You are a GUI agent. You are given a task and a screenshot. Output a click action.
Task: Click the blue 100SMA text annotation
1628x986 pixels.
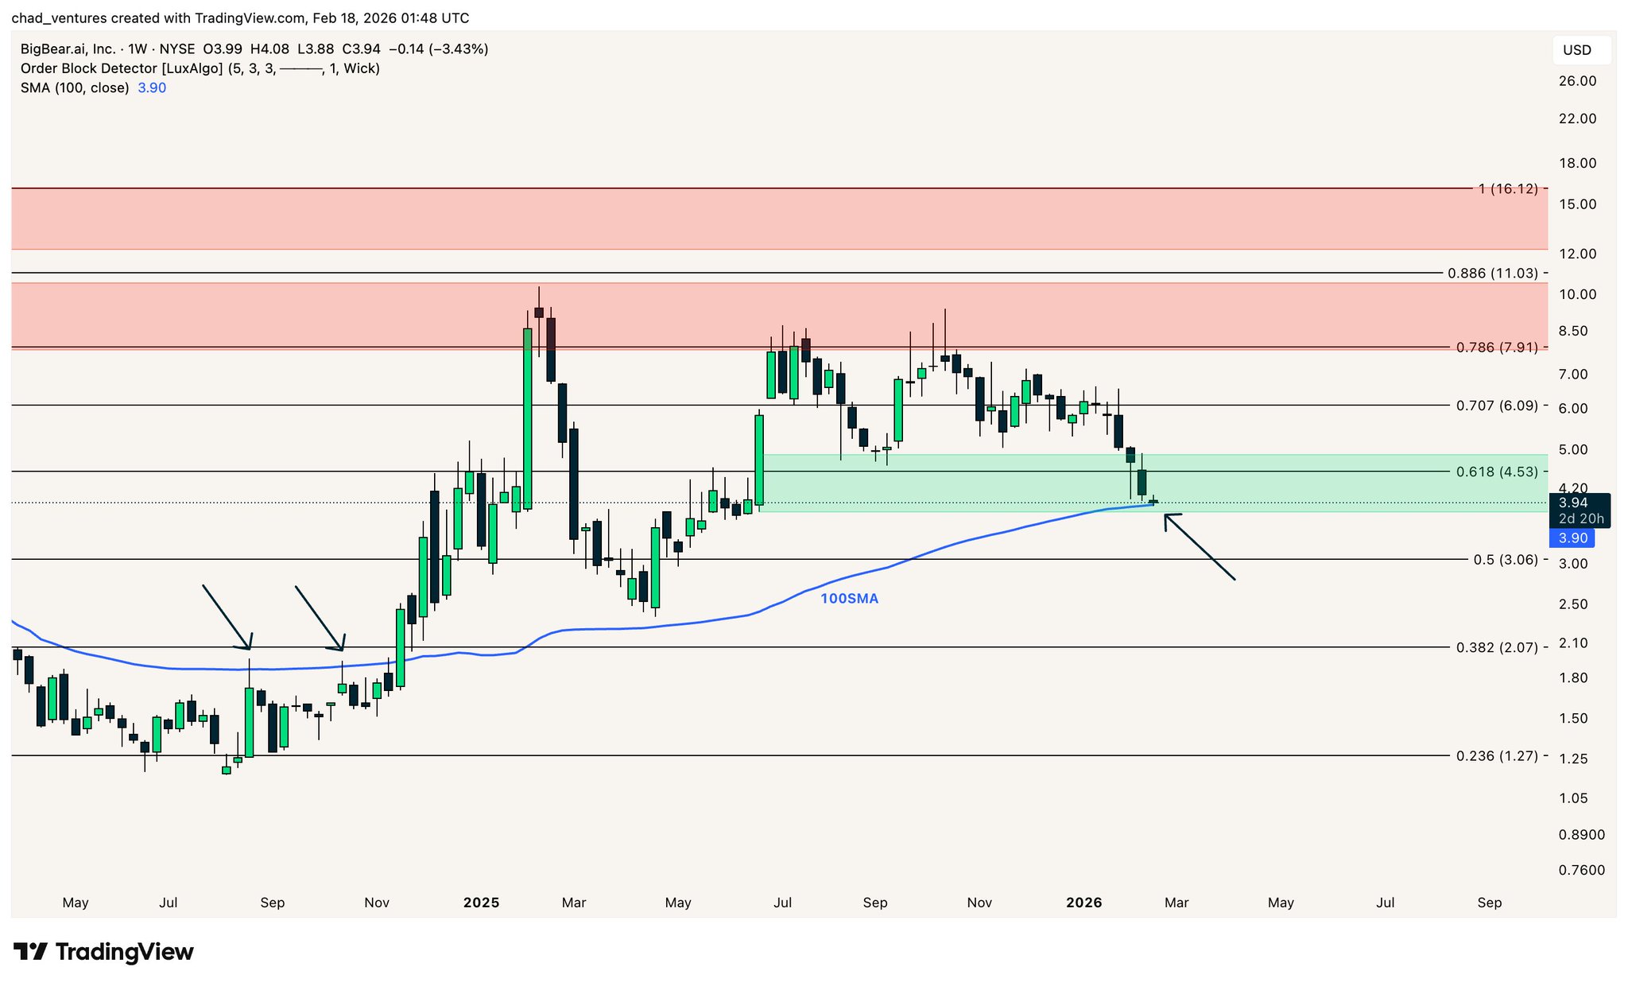849,599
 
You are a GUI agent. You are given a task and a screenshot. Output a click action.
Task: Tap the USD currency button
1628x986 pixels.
1577,50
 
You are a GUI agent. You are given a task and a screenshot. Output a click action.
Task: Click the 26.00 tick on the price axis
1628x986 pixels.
1577,81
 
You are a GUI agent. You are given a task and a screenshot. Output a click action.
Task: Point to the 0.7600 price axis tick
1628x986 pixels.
1581,870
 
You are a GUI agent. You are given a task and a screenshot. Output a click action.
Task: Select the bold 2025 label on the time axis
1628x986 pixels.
481,903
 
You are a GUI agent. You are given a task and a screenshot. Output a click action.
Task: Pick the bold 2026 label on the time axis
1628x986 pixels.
1083,903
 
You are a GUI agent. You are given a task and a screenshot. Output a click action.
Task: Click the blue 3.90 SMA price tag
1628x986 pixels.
1572,538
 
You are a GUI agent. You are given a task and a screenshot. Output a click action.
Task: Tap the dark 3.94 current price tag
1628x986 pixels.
1573,503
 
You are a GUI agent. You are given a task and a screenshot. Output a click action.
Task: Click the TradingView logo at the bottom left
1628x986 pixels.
103,952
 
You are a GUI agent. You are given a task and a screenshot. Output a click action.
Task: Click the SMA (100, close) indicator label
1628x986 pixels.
75,87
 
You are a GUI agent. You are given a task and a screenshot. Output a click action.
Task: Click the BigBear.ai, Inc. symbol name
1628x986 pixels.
68,49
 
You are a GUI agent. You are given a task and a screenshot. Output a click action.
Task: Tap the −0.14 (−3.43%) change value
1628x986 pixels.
438,49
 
